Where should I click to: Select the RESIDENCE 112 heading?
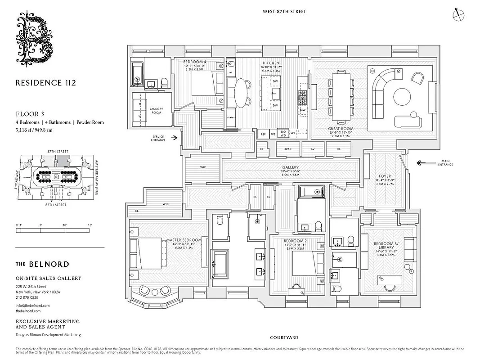point(45,83)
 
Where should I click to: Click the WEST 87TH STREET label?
point(284,11)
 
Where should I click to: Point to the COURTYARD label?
point(284,337)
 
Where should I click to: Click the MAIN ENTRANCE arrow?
point(425,163)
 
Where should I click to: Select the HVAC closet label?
point(287,149)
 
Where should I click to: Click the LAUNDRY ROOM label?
point(156,110)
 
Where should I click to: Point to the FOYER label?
point(385,176)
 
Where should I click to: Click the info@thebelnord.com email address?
point(32,306)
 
